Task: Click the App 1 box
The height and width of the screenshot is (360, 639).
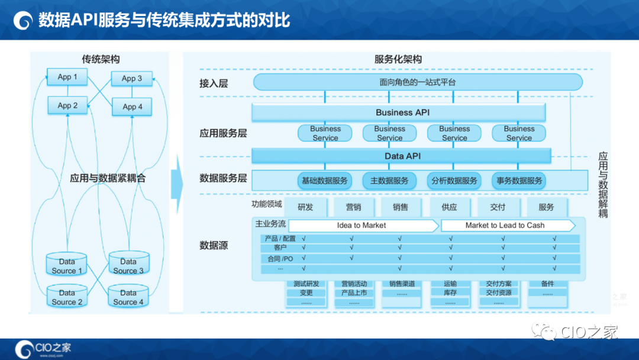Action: coord(67,77)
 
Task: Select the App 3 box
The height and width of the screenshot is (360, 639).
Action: coord(132,78)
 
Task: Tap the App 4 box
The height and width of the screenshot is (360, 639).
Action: coord(133,107)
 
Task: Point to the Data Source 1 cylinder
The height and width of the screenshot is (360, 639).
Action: coord(67,266)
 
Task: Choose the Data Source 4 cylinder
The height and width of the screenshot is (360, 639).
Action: coord(128,297)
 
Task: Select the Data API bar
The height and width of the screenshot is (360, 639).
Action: coord(402,156)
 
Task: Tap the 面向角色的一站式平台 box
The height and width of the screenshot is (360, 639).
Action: coord(418,82)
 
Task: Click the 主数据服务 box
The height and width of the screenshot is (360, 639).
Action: coord(389,181)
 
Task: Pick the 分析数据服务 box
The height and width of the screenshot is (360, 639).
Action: coord(454,181)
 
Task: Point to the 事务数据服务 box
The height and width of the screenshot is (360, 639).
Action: coord(519,181)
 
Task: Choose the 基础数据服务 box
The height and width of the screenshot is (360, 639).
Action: coord(325,181)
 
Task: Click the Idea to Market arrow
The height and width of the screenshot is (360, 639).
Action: coord(362,226)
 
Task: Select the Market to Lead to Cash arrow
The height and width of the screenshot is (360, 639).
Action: coord(506,226)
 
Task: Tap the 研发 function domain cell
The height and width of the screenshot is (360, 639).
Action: coord(305,207)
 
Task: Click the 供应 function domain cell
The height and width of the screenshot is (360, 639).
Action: coord(449,207)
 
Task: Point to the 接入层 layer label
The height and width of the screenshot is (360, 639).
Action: coord(214,83)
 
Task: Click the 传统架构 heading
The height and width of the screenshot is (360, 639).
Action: coord(101,59)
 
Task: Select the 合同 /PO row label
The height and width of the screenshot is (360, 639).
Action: coord(280,259)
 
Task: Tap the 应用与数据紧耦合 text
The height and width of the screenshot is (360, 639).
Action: coord(107,178)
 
